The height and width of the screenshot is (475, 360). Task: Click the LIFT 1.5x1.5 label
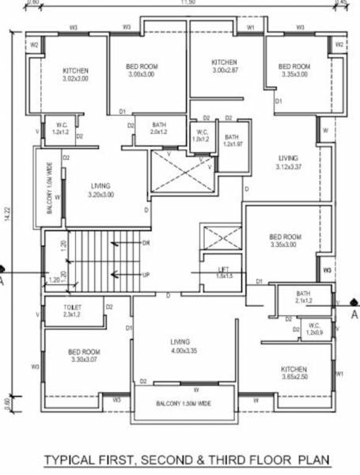click(224, 273)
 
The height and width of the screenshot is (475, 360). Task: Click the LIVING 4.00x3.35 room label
click(181, 347)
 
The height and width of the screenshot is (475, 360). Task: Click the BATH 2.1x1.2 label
click(304, 298)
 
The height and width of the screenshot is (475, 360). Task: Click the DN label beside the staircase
click(146, 242)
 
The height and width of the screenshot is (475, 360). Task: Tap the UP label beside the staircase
click(146, 275)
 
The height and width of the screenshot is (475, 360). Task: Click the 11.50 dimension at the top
click(187, 3)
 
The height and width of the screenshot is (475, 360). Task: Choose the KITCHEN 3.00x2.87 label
click(225, 66)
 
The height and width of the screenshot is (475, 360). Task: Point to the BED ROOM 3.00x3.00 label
click(146, 70)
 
